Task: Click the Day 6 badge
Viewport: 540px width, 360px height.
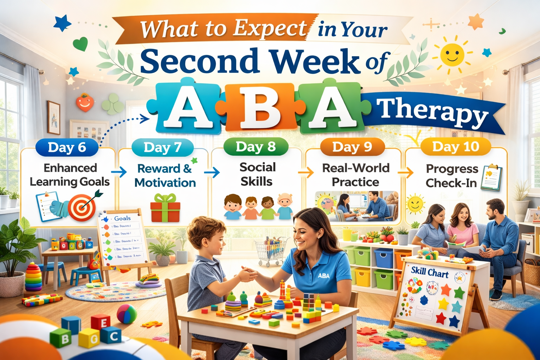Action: [x=67, y=148]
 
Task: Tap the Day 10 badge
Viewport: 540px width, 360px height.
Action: [x=456, y=147]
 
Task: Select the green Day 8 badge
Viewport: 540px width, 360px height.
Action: [x=256, y=147]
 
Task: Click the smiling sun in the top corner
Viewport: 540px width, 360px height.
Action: [x=452, y=54]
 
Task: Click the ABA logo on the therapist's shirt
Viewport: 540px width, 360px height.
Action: [x=323, y=276]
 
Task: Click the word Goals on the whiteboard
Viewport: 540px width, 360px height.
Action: [x=122, y=218]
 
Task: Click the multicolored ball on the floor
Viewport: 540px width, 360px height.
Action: [x=127, y=314]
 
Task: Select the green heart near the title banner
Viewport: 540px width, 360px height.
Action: [x=80, y=44]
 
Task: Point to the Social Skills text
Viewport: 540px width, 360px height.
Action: [x=257, y=174]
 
